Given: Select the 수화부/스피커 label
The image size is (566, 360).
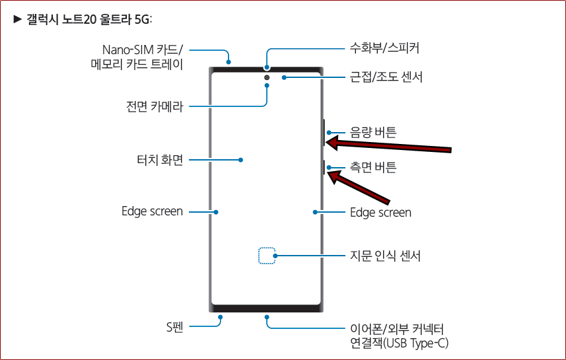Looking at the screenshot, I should pos(384,48).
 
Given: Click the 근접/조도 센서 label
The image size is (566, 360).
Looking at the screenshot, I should pos(386,77).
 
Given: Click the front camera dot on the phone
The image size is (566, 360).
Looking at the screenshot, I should pos(267,78).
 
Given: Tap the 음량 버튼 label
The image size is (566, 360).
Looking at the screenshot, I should pos(372,132).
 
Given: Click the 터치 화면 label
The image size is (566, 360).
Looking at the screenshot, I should pos(155,159).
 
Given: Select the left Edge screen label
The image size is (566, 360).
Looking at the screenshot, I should pos(152,211).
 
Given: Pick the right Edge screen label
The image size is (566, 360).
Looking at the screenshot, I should pos(380,212).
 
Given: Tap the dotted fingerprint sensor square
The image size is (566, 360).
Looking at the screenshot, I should pos(266,256).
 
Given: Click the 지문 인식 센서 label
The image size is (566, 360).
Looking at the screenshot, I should pos(385,255).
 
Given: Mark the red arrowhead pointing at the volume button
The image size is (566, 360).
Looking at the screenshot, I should pos(335,141).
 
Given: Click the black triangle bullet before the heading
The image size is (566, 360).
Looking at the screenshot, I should pos(18,18).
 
